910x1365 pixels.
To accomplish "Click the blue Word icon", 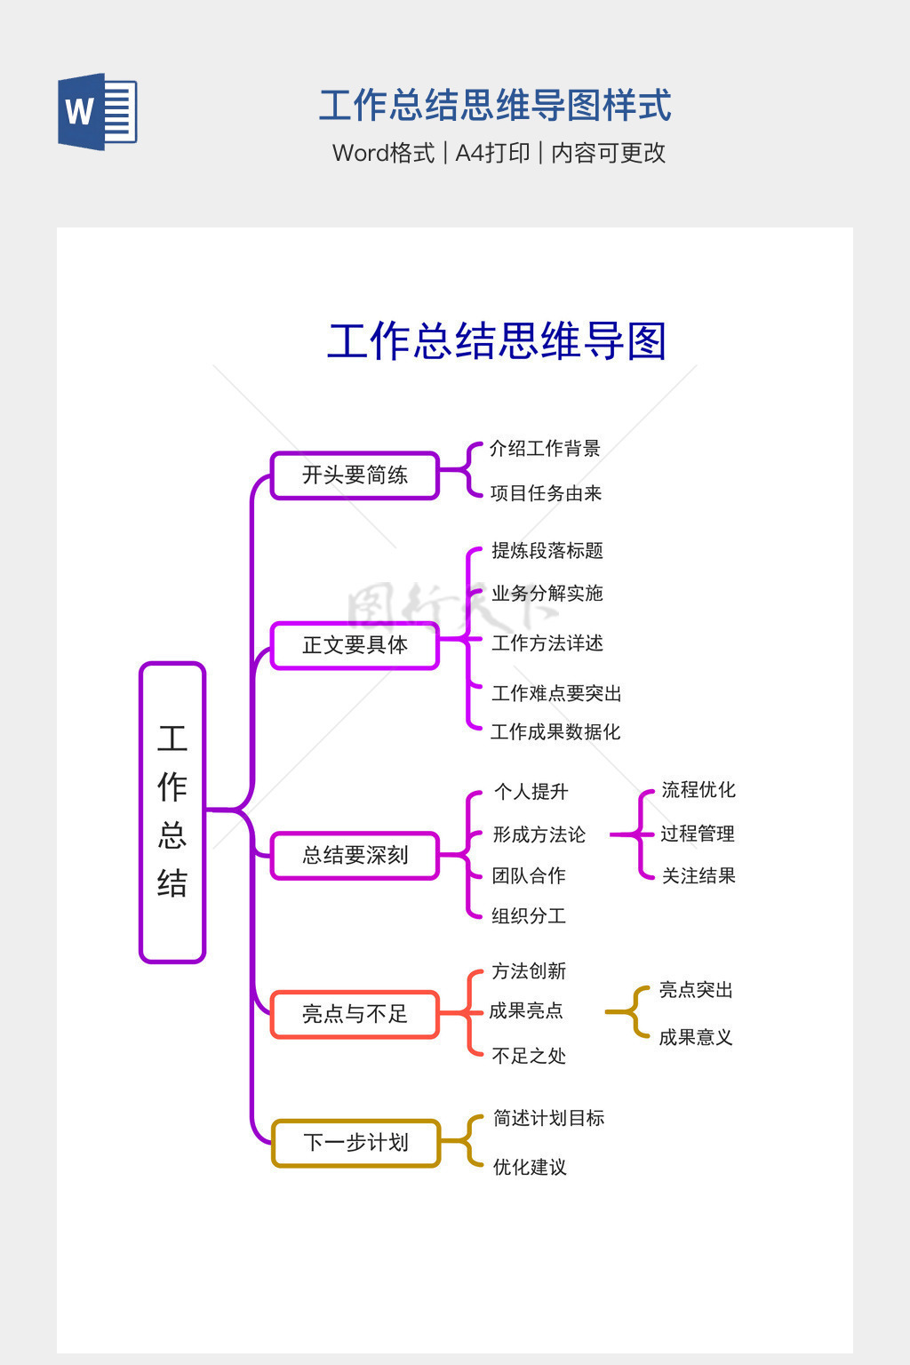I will tap(97, 112).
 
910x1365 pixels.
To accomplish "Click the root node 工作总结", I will tap(172, 811).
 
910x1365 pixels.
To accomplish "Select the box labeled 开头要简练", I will tap(355, 475).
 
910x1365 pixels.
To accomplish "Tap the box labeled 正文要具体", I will tap(355, 645).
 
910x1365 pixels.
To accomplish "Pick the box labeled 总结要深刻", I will tap(355, 855).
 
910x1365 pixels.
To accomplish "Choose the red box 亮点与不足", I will tap(355, 1014).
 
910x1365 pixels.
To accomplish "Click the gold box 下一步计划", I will tap(355, 1143).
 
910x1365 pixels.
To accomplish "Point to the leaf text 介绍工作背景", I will tap(545, 449).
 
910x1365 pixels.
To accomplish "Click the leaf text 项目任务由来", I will tap(546, 493).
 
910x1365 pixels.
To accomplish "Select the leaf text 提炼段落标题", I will tap(547, 551).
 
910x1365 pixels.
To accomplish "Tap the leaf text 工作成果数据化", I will tap(555, 732).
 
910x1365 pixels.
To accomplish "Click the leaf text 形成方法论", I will tap(539, 835).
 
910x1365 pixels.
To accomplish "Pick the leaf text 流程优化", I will tap(698, 790).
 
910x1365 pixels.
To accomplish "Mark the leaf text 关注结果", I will tap(698, 876).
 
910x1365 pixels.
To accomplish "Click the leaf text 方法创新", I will tap(529, 971).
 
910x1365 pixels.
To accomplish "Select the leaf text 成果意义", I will tap(695, 1037).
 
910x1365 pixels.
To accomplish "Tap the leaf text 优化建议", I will tap(530, 1167).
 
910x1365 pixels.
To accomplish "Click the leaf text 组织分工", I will tap(529, 916).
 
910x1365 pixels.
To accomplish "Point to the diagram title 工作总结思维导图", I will tap(497, 341).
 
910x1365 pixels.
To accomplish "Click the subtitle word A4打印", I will tap(492, 153).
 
